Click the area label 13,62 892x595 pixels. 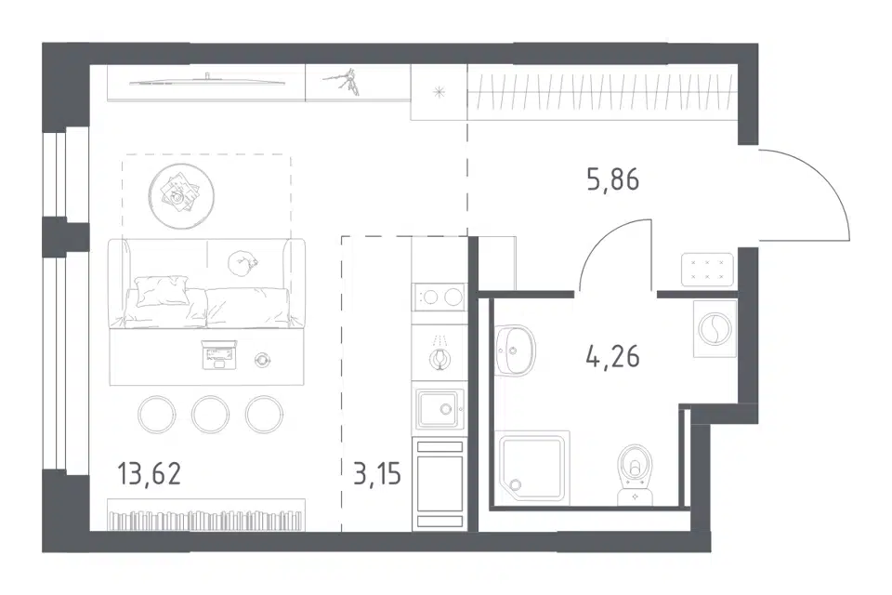[x=150, y=474]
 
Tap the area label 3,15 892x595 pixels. [x=376, y=474]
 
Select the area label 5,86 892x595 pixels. [x=612, y=180]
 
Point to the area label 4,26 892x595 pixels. [x=612, y=357]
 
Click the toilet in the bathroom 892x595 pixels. [x=636, y=473]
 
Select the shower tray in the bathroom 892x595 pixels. [x=533, y=467]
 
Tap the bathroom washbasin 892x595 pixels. [x=515, y=350]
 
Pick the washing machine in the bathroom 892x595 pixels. [x=715, y=328]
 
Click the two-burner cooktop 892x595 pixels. [x=439, y=297]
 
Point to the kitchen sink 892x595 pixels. [x=439, y=409]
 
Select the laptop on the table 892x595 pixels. [x=218, y=354]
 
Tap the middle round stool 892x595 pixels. [x=211, y=414]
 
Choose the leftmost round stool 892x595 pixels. [x=156, y=414]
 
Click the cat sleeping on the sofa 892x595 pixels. [x=243, y=263]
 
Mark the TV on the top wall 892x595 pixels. [x=207, y=82]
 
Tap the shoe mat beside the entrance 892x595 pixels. [x=707, y=270]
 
